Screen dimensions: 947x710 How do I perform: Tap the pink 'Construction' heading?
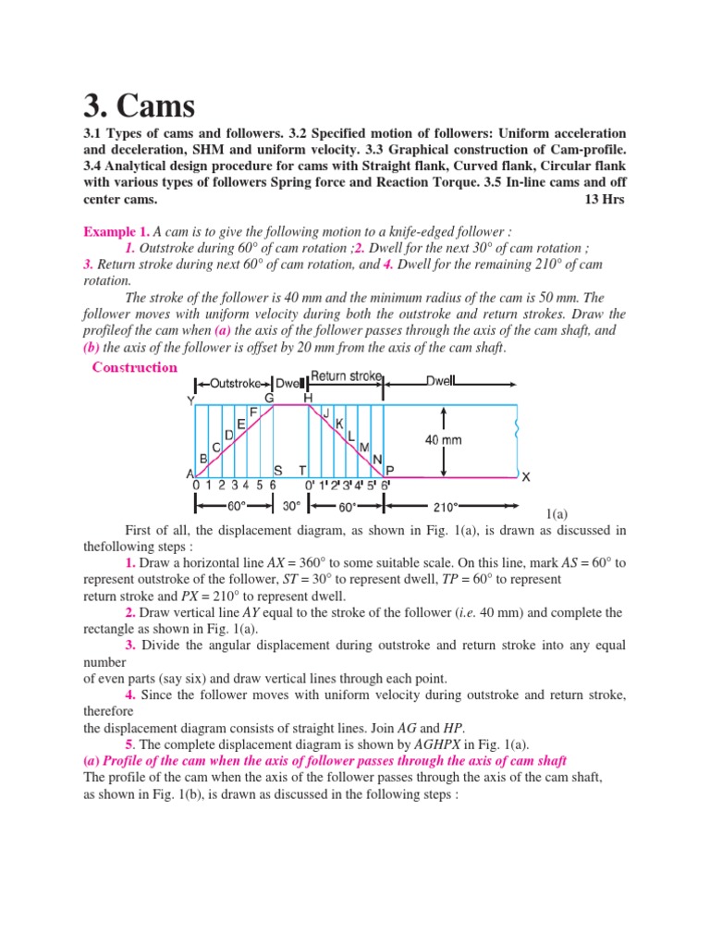[x=135, y=367]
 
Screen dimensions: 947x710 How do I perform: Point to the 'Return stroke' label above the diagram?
[x=347, y=376]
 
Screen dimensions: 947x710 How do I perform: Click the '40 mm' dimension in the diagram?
[x=443, y=440]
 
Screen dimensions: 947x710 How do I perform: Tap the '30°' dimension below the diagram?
[x=291, y=507]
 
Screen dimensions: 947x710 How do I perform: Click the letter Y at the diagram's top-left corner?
[x=190, y=401]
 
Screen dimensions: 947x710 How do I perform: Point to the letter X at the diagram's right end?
[x=526, y=477]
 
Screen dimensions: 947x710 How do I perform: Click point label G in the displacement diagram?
[x=270, y=397]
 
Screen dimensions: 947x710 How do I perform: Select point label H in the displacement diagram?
[x=308, y=397]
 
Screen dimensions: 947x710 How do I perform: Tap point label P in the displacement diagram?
[x=389, y=470]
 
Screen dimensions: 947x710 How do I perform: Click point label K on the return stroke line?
[x=339, y=424]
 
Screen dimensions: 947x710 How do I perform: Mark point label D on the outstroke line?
[x=227, y=434]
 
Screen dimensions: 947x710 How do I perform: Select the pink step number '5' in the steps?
[x=129, y=745]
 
